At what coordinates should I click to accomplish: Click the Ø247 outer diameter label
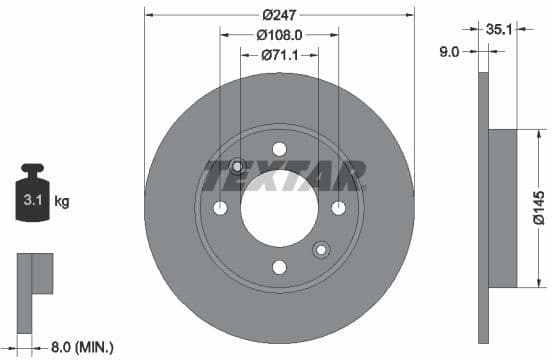[279, 15]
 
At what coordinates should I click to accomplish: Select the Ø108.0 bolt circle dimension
[279, 35]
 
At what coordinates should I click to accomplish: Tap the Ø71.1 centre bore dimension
[279, 55]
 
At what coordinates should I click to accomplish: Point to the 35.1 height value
[498, 30]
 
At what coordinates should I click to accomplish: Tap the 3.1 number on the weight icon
[33, 201]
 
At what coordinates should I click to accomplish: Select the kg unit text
[62, 202]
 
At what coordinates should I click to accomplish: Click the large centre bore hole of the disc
[279, 207]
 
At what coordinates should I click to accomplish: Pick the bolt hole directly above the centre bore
[279, 148]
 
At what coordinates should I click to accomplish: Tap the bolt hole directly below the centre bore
[279, 266]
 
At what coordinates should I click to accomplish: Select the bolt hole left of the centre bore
[220, 207]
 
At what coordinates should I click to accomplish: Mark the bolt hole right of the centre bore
[338, 207]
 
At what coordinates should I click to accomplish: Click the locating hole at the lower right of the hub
[321, 249]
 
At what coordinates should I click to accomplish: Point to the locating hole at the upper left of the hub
[238, 166]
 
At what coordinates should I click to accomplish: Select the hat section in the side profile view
[502, 208]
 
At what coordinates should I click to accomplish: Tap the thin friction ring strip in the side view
[484, 208]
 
